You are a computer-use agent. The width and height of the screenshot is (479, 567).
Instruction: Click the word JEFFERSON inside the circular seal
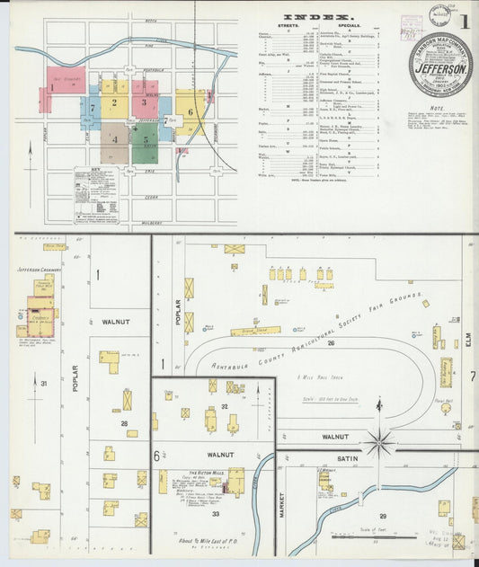pos(440,68)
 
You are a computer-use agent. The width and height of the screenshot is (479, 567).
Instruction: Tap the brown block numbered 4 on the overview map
pos(114,140)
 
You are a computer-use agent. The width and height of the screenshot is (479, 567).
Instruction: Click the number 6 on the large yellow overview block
pos(191,111)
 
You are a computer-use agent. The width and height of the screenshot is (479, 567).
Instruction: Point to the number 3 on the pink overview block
pos(144,102)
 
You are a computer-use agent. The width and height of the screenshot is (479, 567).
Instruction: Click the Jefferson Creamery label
pos(39,268)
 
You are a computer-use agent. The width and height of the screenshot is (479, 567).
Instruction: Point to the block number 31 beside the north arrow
pos(42,384)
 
